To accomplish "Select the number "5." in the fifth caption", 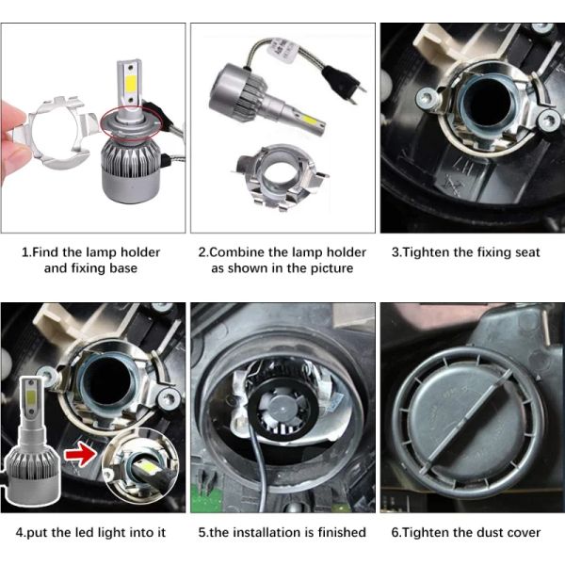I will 203,532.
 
